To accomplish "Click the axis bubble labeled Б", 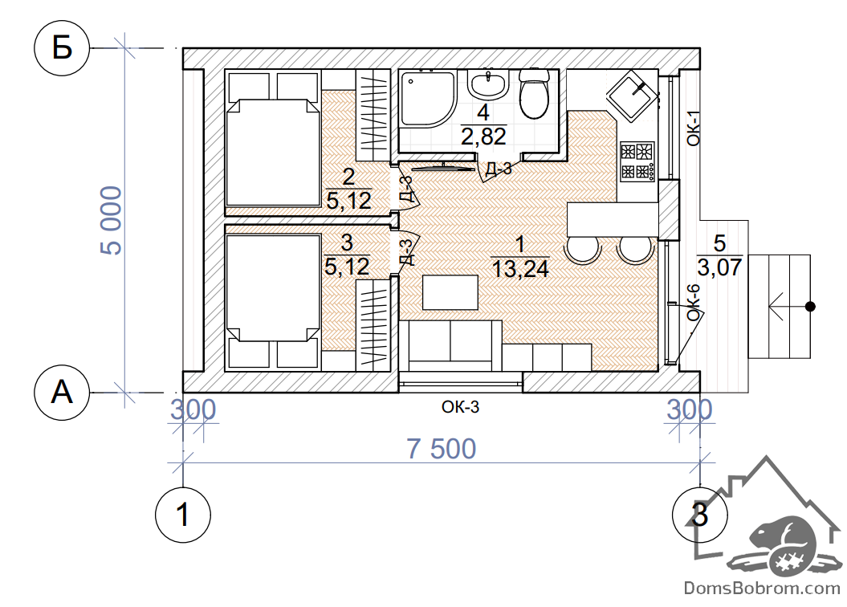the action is (x=62, y=49).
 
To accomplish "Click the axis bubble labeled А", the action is (x=62, y=392).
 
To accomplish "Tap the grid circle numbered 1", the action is (x=182, y=515).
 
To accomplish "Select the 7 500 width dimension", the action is (x=442, y=449).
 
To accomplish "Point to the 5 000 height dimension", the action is (x=112, y=220).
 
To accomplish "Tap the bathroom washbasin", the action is (x=489, y=84).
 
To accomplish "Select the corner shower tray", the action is (x=427, y=99).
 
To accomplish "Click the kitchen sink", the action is (x=632, y=96).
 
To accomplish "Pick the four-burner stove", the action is (x=637, y=161).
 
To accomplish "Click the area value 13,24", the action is (x=520, y=268).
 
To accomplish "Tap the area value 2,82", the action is (x=483, y=136).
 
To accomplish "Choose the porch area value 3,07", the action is (x=719, y=267).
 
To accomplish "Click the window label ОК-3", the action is (x=460, y=406).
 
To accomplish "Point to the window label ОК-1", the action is (x=694, y=128).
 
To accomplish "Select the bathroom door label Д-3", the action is (x=498, y=169).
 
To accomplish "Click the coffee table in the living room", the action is (x=450, y=292).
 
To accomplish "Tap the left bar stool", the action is (x=582, y=250).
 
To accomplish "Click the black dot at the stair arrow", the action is (x=810, y=307).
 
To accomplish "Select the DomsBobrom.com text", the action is (x=762, y=588).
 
